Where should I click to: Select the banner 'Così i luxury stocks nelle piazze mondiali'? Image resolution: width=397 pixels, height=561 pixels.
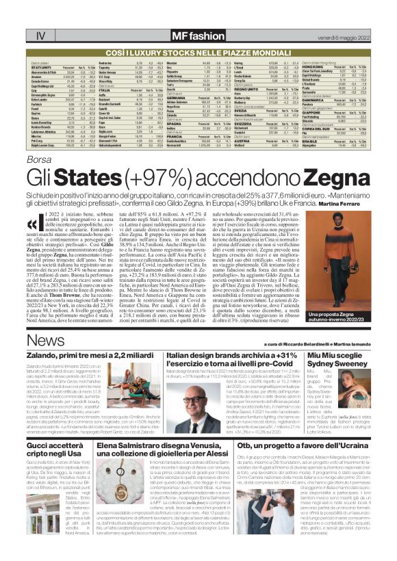(x=198, y=32)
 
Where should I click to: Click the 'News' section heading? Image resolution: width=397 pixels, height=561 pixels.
(x=46, y=341)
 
